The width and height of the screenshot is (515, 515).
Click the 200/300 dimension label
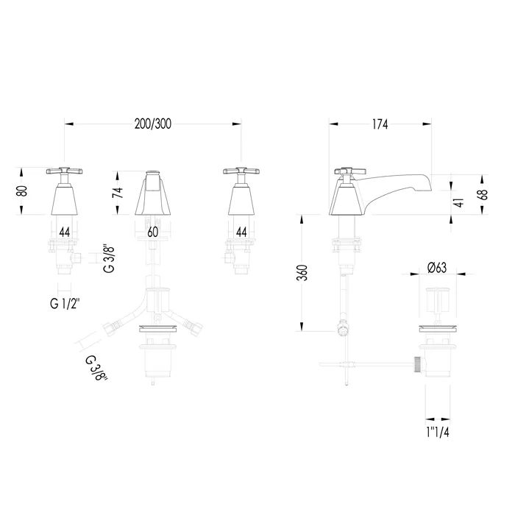click(153, 124)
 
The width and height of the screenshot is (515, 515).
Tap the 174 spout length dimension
click(380, 124)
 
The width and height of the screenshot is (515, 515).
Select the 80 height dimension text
click(22, 191)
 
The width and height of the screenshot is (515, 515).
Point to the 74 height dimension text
click(118, 192)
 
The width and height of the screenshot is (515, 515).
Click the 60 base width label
click(153, 232)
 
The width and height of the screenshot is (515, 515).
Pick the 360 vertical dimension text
click(302, 272)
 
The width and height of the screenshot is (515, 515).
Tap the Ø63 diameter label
click(437, 268)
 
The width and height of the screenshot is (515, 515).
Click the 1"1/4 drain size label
click(438, 433)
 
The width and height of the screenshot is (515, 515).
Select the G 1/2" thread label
click(65, 304)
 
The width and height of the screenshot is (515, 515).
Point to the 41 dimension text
click(460, 202)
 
